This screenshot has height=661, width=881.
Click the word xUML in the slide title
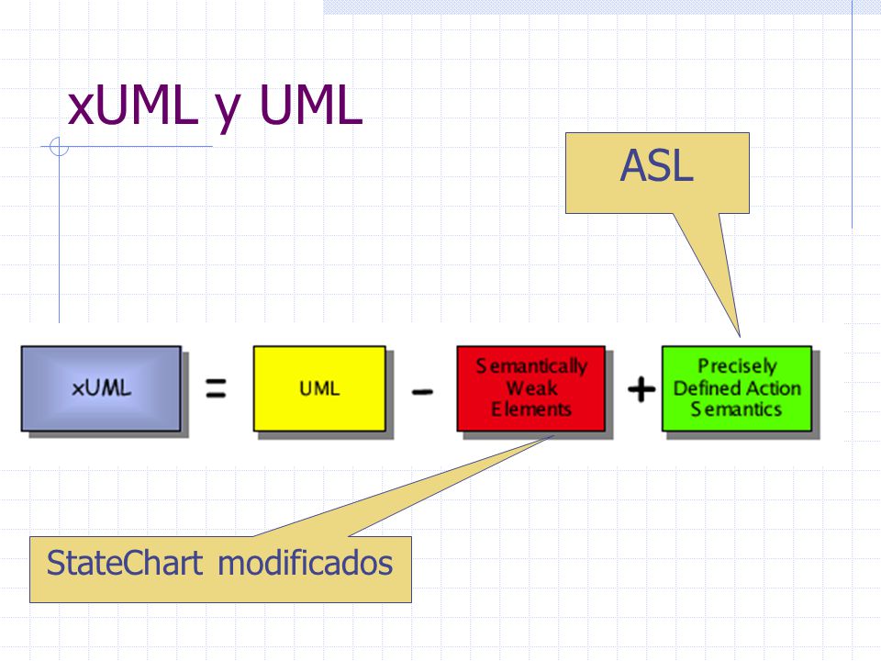pos(133,106)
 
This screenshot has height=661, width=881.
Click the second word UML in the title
pos(311,106)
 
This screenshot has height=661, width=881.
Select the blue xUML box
pos(101,388)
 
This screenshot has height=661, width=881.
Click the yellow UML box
pos(319,388)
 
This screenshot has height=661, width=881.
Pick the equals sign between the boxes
pos(216,388)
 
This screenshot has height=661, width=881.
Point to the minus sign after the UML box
pos(422,391)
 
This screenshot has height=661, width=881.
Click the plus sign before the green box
pos(641,389)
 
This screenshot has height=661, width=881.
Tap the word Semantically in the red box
pos(531,366)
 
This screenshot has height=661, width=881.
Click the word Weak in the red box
pos(531,387)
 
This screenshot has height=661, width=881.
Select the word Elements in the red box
pos(531,409)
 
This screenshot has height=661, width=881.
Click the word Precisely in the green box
pos(737,366)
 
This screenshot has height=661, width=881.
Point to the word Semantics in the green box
pos(737,409)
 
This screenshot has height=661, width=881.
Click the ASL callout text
pos(657,166)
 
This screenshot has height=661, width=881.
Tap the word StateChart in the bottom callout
pos(124,563)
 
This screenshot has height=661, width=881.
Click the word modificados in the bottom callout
pos(305,563)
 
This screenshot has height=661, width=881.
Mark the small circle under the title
pos(59,147)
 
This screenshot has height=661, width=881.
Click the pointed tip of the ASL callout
pos(740,336)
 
